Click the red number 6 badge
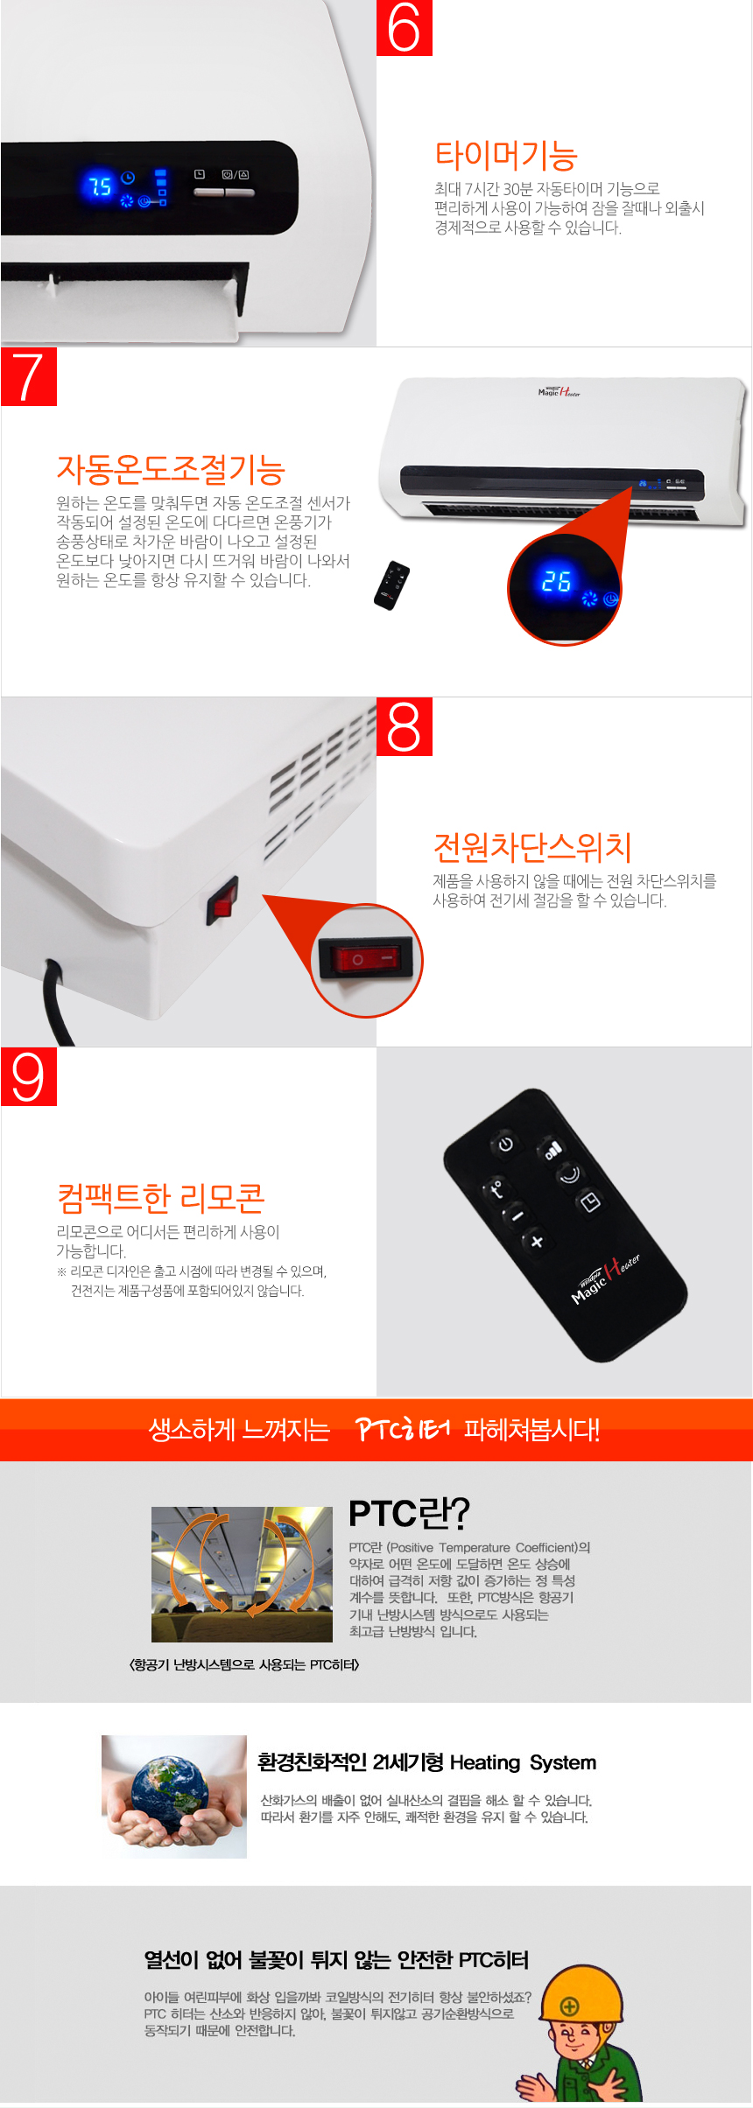click(x=404, y=28)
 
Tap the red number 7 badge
click(x=29, y=376)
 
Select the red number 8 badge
click(x=404, y=726)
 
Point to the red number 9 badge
click(x=29, y=1076)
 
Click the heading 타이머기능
click(x=506, y=156)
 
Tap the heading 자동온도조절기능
click(x=171, y=470)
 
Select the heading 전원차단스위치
click(x=532, y=847)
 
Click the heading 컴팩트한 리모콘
click(x=161, y=1198)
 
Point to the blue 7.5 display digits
click(x=99, y=186)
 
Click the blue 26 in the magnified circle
click(x=556, y=582)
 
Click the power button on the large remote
click(x=505, y=1144)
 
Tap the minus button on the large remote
click(x=517, y=1215)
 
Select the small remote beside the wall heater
click(x=391, y=585)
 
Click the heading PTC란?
click(x=409, y=1513)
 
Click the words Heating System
click(x=523, y=1762)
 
